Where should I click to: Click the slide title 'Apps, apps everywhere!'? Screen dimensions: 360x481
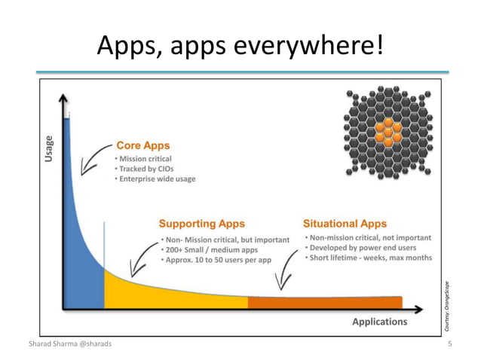click(240, 46)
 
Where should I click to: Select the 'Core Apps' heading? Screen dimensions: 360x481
click(142, 145)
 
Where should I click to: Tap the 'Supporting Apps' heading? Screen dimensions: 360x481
click(201, 224)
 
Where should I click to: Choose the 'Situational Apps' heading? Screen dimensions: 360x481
click(345, 224)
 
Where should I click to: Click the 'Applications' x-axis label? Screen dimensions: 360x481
click(379, 322)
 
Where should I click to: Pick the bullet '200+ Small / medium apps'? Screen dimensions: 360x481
click(210, 249)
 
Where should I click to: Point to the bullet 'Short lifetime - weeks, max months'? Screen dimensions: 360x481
click(368, 258)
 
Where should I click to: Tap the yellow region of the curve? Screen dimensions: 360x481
click(166, 294)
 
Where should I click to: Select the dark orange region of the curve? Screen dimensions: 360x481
click(324, 303)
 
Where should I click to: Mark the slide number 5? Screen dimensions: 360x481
click(449, 344)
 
